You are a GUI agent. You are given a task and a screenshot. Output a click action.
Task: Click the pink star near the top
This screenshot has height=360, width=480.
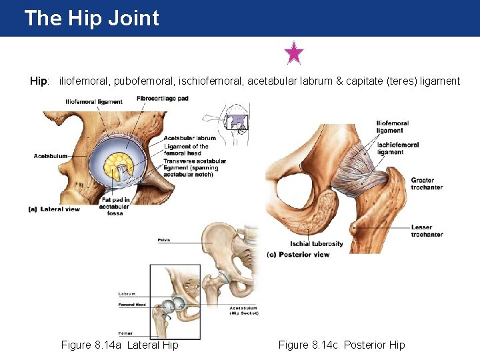[293, 53]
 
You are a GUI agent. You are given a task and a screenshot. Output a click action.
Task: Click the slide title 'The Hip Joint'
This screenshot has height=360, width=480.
[91, 18]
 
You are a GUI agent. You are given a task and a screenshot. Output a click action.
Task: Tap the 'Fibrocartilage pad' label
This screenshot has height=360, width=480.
[163, 99]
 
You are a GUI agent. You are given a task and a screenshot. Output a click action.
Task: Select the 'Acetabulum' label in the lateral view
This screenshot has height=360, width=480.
[51, 156]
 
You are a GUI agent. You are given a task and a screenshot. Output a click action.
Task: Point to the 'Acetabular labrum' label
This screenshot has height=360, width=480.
[189, 139]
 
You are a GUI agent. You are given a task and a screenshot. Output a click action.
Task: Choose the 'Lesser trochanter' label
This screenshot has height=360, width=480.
[427, 231]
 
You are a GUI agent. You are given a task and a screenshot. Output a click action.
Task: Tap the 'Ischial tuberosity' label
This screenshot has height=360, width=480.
[317, 244]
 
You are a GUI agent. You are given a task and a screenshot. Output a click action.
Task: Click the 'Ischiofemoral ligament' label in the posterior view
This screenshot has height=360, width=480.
[398, 148]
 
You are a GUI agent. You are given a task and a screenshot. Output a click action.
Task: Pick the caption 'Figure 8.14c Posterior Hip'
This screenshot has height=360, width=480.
[341, 345]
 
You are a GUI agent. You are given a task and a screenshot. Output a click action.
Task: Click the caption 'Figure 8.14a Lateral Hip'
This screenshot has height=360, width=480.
[119, 345]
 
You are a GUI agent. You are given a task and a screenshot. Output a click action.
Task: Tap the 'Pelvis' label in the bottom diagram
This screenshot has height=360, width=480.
[164, 239]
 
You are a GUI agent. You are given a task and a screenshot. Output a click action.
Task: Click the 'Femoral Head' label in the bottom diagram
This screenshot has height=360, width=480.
[132, 305]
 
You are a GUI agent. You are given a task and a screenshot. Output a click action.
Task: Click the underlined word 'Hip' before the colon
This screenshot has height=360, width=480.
[39, 81]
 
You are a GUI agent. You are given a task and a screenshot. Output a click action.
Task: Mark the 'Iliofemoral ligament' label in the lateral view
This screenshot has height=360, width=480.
[93, 102]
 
